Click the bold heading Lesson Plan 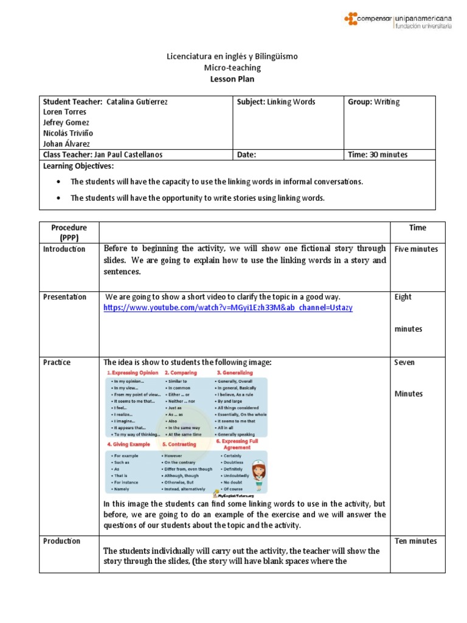[x=233, y=78]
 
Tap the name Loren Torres [x=64, y=112]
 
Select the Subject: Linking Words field [x=276, y=102]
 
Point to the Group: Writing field [x=373, y=102]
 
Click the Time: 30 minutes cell [x=377, y=155]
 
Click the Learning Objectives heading [x=78, y=166]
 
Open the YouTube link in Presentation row [x=227, y=308]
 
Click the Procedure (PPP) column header [x=69, y=232]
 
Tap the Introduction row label [x=64, y=249]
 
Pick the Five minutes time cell [x=416, y=249]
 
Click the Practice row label [x=57, y=362]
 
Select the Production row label [x=61, y=541]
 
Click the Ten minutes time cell [x=415, y=541]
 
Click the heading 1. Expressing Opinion [x=133, y=372]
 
